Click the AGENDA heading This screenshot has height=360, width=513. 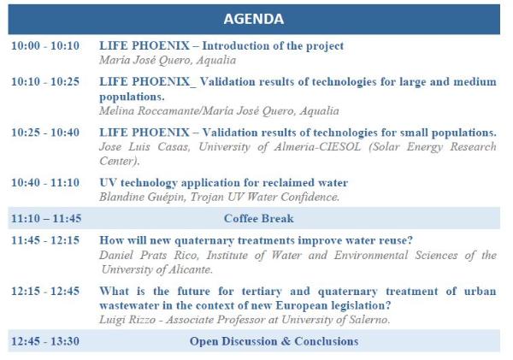(x=253, y=18)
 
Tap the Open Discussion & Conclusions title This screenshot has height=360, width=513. (x=274, y=341)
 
